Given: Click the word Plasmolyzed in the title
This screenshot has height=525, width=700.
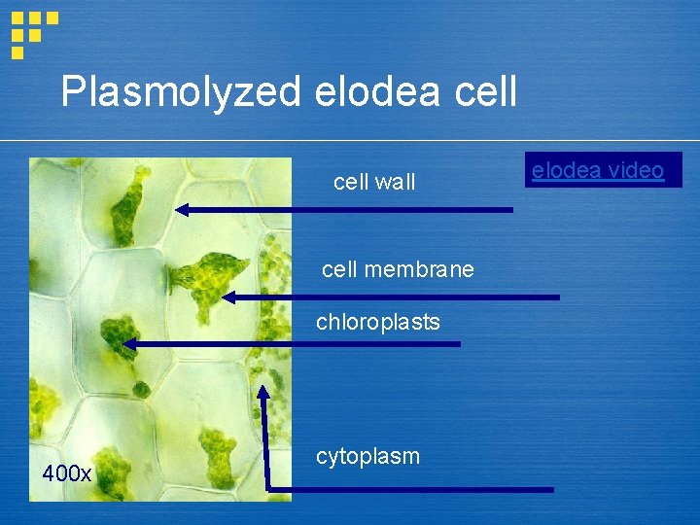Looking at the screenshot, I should pyautogui.click(x=182, y=92).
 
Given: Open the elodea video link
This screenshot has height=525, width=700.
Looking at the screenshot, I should pyautogui.click(x=598, y=171).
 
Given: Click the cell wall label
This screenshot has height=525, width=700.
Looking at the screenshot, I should pyautogui.click(x=374, y=182).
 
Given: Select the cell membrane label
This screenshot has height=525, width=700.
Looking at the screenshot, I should pyautogui.click(x=398, y=269).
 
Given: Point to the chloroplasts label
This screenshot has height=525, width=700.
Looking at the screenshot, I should pyautogui.click(x=378, y=322).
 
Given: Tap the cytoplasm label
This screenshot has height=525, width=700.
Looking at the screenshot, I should pyautogui.click(x=368, y=456).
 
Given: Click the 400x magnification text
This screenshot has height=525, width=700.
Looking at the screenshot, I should pyautogui.click(x=66, y=474).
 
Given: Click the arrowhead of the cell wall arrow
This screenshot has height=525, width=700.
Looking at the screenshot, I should pyautogui.click(x=182, y=209).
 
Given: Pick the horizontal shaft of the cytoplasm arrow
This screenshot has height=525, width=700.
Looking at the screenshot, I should pyautogui.click(x=408, y=488).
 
